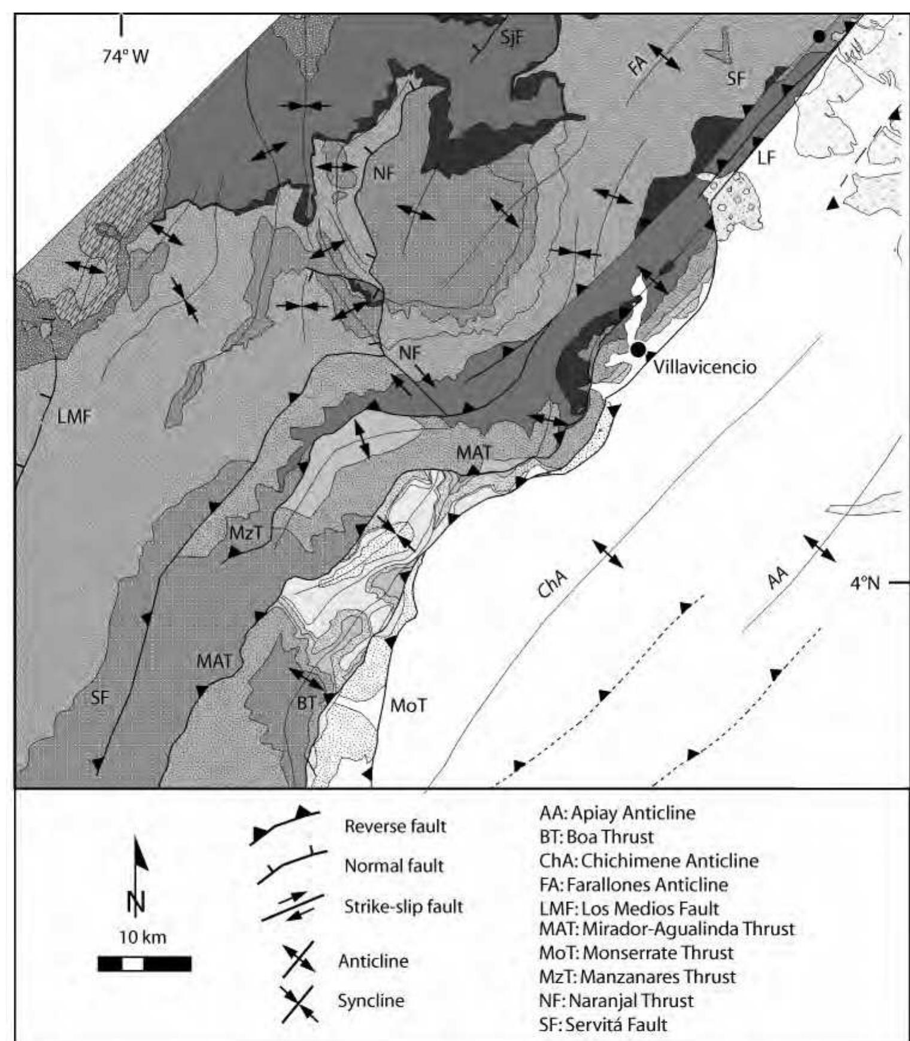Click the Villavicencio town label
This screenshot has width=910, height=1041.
704,366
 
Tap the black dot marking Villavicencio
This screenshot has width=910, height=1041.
638,348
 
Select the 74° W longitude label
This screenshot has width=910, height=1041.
125,56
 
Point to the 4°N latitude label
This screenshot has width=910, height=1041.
865,582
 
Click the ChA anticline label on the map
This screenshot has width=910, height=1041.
552,584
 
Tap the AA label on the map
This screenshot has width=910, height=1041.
778,579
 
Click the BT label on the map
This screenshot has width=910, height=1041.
306,703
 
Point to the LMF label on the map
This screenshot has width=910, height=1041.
74,416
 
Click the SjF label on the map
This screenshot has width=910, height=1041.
512,38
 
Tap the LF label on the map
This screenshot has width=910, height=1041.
766,157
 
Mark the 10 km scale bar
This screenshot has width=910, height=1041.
144,964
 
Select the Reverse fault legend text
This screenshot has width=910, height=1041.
395,826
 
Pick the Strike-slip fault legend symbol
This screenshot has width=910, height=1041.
292,907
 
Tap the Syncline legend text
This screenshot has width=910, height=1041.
371,1000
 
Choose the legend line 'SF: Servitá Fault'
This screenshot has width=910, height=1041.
603,1024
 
